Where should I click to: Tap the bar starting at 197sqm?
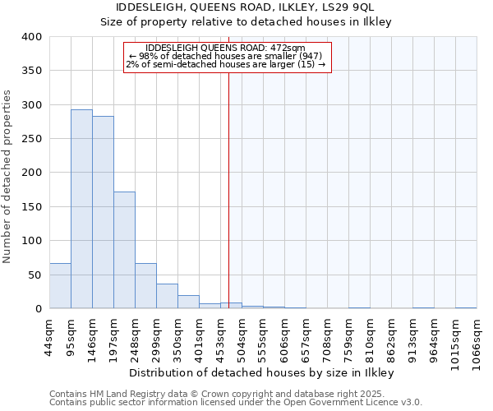pyautogui.click(x=124, y=250)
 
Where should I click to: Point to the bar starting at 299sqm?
pyautogui.click(x=167, y=296)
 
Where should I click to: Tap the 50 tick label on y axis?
pyautogui.click(x=35, y=275)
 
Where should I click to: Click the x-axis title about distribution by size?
pyautogui.click(x=262, y=372)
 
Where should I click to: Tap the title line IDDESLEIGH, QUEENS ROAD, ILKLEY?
pyautogui.click(x=246, y=8)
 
